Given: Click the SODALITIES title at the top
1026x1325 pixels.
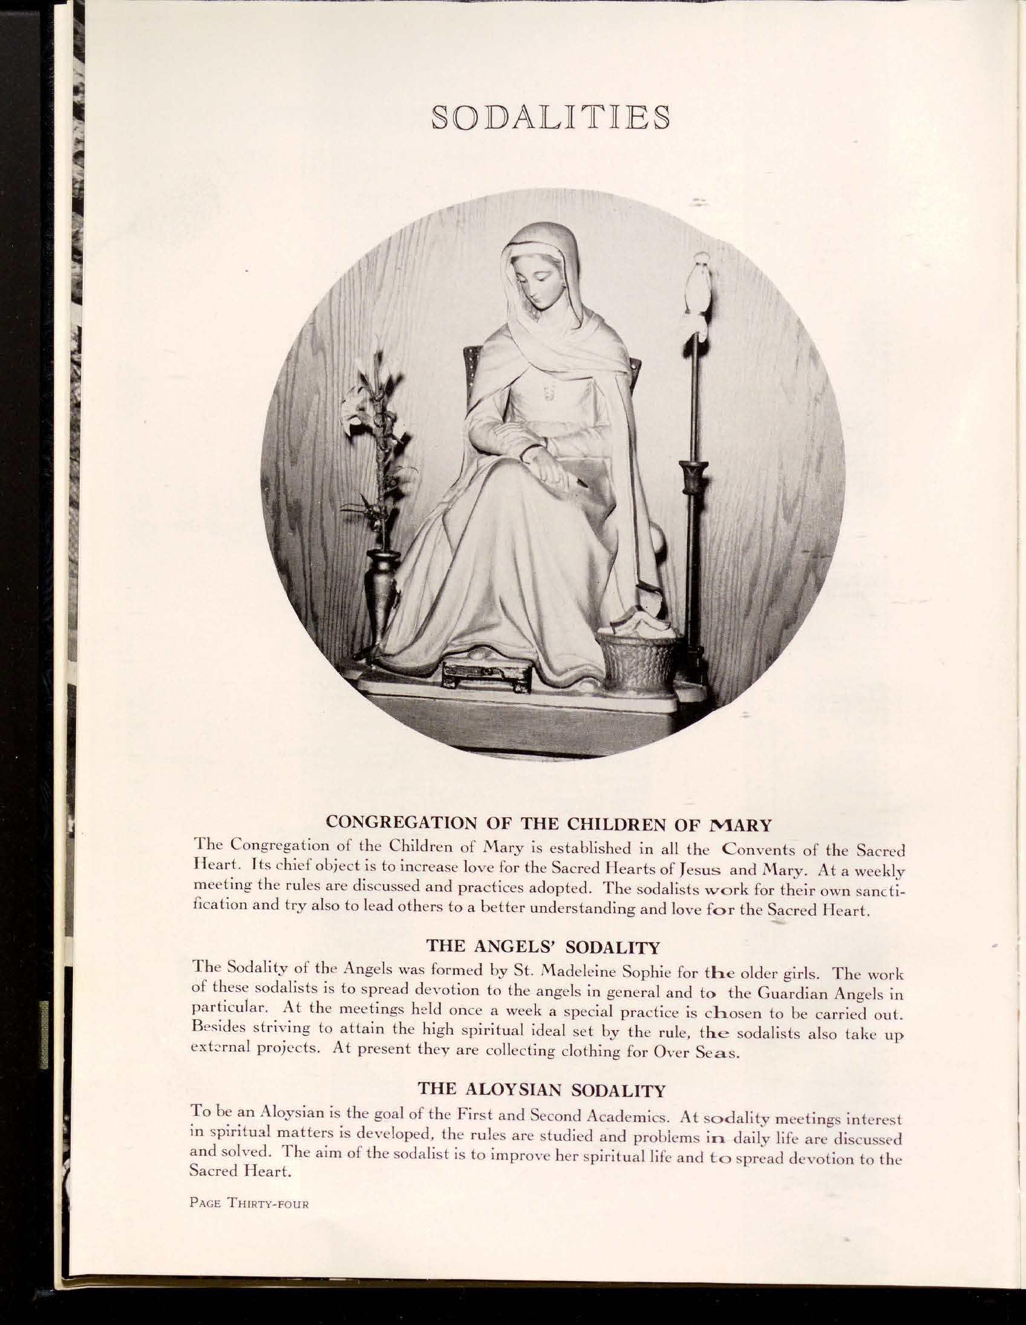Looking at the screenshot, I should [550, 117].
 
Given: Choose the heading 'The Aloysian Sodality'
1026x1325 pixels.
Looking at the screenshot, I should [542, 1090].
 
